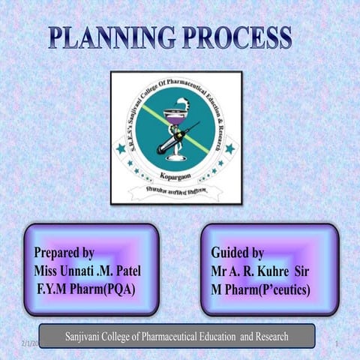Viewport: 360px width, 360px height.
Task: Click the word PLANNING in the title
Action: [x=113, y=37]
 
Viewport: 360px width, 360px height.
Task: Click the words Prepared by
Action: [x=64, y=252]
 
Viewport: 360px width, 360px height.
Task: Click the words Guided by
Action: [x=237, y=252]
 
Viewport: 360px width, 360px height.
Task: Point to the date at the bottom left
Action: [x=25, y=343]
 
